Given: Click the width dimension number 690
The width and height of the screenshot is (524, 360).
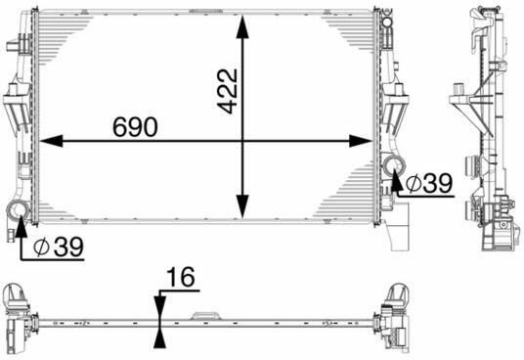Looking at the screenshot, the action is tap(135, 127).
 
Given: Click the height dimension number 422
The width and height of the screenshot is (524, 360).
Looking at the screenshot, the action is tap(228, 91).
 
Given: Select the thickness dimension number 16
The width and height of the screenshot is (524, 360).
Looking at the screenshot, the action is tap(181, 277).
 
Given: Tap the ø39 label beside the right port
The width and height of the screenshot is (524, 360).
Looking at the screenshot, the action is tap(429, 183).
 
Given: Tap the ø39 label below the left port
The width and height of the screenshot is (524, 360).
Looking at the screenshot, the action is tap(59, 247).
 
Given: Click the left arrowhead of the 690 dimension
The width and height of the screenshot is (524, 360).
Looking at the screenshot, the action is tap(51, 142).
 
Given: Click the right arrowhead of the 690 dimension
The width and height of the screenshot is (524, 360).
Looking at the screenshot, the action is tap(361, 142).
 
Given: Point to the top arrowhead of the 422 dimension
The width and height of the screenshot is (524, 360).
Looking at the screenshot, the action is tap(242, 27).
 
